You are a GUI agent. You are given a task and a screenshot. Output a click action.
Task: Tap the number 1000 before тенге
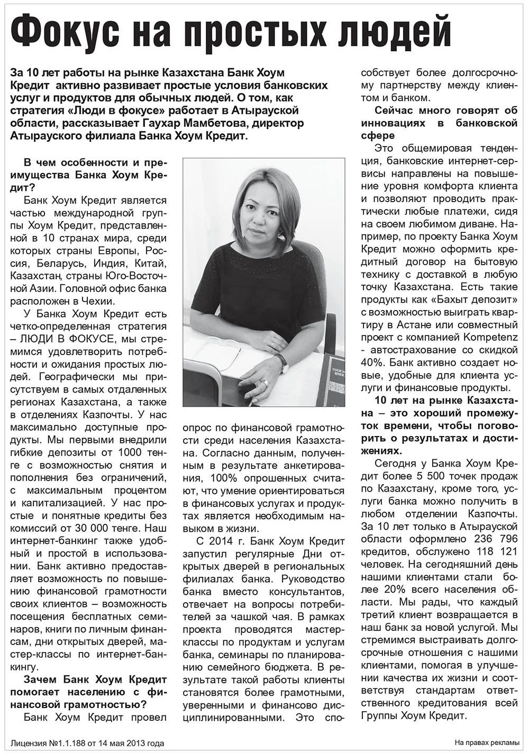pyautogui.click(x=127, y=453)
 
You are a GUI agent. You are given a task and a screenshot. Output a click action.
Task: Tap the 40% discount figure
pyautogui.click(x=372, y=362)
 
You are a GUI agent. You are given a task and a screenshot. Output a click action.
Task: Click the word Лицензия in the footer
pyautogui.click(x=29, y=743)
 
